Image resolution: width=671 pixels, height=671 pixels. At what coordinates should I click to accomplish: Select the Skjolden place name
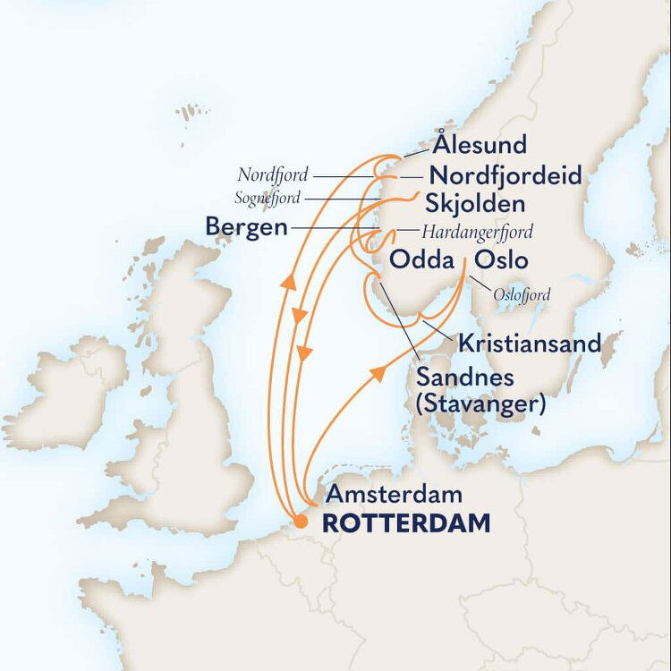click(471, 200)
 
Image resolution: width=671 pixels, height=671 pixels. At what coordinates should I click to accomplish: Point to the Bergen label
click(246, 227)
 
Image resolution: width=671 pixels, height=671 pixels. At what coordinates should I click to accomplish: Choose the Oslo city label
click(501, 260)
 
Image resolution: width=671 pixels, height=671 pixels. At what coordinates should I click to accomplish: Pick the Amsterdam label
click(394, 495)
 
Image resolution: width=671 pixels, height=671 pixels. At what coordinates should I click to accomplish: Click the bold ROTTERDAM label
click(405, 524)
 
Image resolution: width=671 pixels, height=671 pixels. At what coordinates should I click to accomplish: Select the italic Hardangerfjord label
click(477, 232)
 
